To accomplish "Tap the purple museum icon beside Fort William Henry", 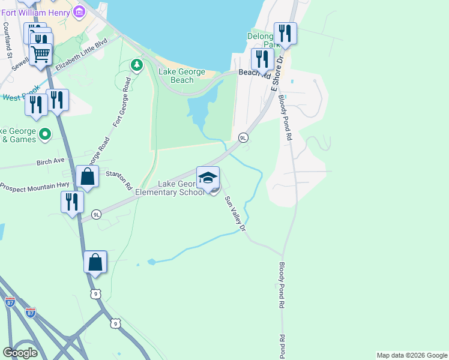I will (79, 11).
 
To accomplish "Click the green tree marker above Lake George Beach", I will (137, 64).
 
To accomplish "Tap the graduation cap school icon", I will (208, 178).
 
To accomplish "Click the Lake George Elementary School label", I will (173, 188).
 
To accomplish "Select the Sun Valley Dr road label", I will (235, 213).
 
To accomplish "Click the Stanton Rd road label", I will (119, 180).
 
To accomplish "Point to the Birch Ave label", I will (50, 161).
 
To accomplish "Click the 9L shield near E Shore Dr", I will (243, 137).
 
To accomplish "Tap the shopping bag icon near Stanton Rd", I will (88, 177).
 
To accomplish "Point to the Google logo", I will (20, 353).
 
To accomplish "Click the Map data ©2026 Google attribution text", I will (412, 355).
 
